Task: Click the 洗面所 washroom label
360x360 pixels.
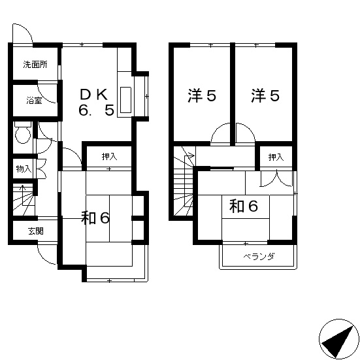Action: click(35, 65)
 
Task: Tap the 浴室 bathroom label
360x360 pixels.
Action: click(35, 101)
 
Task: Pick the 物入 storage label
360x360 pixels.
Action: click(24, 169)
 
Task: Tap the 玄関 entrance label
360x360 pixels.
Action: click(35, 231)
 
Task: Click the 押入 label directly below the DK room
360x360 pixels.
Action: click(108, 157)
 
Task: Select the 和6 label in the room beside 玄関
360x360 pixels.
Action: click(95, 218)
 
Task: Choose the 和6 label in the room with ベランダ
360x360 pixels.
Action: click(244, 206)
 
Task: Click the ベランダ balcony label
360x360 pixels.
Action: click(259, 256)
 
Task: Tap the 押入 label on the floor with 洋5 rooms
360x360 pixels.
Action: click(276, 157)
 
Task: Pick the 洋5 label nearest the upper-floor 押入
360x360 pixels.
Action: click(265, 95)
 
